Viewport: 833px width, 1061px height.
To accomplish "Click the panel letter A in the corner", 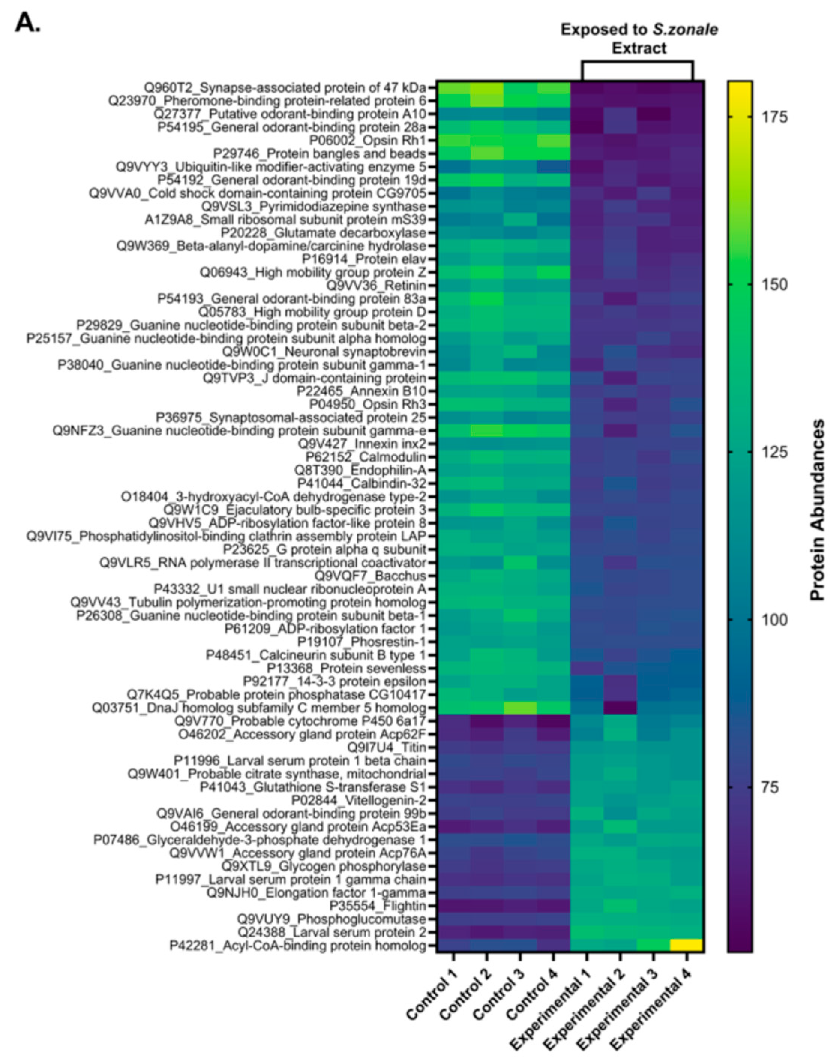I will click(x=27, y=23).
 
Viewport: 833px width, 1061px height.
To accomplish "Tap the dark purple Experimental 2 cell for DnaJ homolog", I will click(x=620, y=708).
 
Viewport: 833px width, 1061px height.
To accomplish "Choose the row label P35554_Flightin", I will click(x=377, y=905).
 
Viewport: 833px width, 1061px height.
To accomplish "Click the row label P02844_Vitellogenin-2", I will click(x=359, y=800).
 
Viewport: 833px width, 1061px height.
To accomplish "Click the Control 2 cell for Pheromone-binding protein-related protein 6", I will click(x=487, y=101).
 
